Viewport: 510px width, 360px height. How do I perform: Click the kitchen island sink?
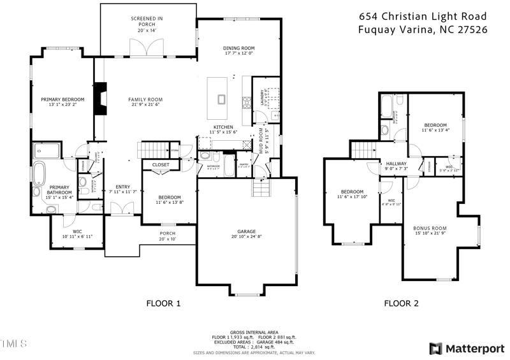(x=221, y=99)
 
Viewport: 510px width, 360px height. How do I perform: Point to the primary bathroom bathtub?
(x=40, y=173)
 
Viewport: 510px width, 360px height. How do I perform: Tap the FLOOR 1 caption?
(x=164, y=304)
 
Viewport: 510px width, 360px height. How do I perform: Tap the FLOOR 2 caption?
(x=402, y=304)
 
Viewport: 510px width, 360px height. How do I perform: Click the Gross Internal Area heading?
(x=254, y=333)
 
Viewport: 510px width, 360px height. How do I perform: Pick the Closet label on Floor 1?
(x=161, y=164)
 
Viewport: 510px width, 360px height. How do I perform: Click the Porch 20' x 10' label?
(x=167, y=236)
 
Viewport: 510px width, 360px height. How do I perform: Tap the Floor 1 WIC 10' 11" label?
(x=77, y=234)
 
